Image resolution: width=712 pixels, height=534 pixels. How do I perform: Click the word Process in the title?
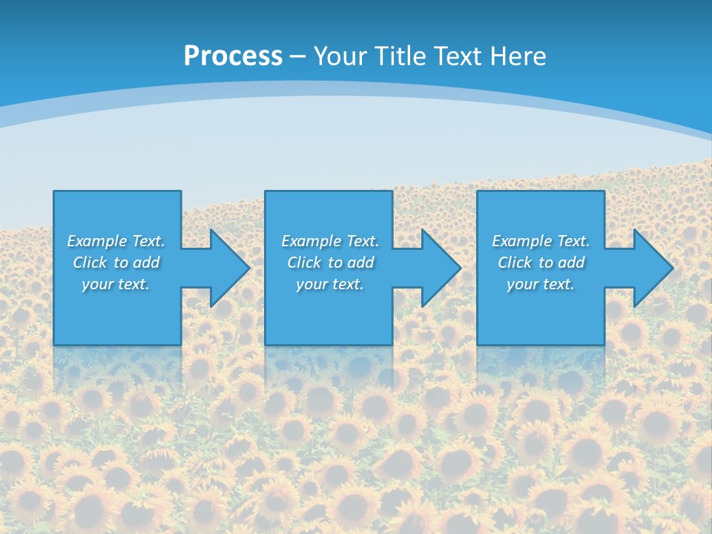point(233,56)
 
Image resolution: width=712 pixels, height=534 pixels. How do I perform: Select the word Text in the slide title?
point(460,56)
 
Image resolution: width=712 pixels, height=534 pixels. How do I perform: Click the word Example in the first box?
point(97,241)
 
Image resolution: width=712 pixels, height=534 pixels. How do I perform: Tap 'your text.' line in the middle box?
point(329,284)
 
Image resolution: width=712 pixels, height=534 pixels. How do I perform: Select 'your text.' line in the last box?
point(540,284)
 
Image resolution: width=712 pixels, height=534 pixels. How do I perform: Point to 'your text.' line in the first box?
point(115,284)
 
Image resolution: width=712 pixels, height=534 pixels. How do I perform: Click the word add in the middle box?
point(360,263)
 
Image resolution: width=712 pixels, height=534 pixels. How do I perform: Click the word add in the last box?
point(571,263)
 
